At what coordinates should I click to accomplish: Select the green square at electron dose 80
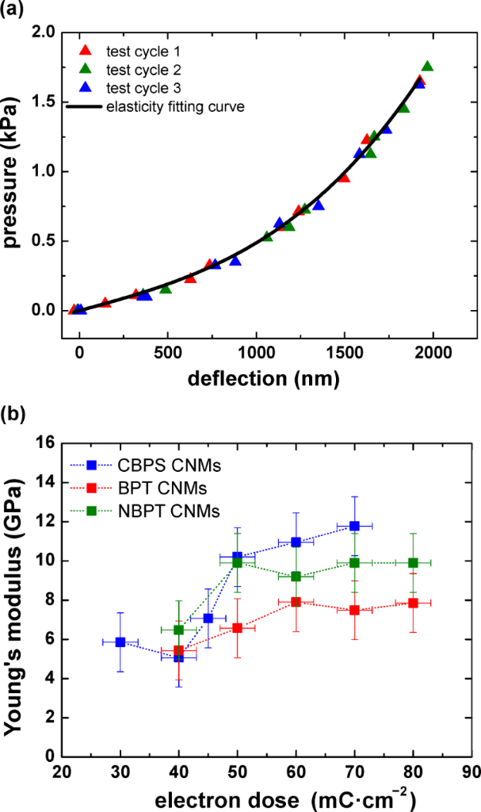coord(413,563)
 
